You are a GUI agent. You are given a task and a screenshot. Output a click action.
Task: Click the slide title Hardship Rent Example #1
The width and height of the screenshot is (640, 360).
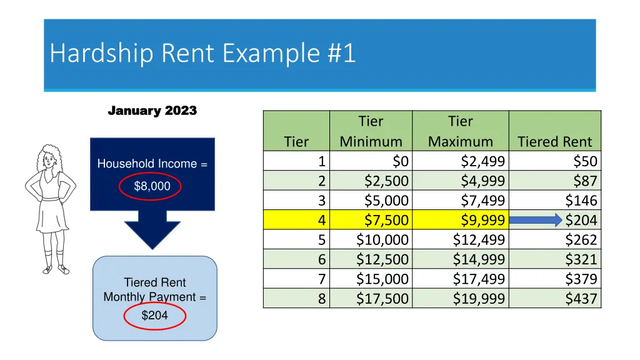202,53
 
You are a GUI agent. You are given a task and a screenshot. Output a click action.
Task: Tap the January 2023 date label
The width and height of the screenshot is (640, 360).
152,111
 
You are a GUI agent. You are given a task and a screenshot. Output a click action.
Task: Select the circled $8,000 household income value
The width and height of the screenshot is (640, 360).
152,186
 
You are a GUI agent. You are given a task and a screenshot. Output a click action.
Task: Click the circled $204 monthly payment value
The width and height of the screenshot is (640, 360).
154,316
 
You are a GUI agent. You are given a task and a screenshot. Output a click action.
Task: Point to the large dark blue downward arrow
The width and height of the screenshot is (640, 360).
152,228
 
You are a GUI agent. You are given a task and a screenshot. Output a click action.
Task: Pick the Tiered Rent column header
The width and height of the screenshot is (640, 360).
554,142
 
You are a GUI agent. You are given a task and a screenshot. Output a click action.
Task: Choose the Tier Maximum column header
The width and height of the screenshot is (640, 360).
461,131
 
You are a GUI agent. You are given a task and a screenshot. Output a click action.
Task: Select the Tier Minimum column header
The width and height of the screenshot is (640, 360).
371,131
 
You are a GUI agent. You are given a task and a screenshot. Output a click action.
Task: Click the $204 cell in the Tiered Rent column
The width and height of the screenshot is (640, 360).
581,220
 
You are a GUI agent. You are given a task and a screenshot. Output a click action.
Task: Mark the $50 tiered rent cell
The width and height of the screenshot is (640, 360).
585,161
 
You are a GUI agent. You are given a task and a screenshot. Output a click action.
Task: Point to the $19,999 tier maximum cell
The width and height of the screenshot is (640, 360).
479,299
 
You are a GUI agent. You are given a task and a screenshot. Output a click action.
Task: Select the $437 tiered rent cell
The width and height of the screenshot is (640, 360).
581,299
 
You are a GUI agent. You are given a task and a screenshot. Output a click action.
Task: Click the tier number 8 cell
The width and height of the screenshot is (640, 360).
321,299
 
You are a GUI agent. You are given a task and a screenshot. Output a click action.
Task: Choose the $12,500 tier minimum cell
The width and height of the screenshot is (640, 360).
382,259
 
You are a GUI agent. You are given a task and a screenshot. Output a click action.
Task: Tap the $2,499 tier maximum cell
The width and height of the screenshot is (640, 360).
482,161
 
